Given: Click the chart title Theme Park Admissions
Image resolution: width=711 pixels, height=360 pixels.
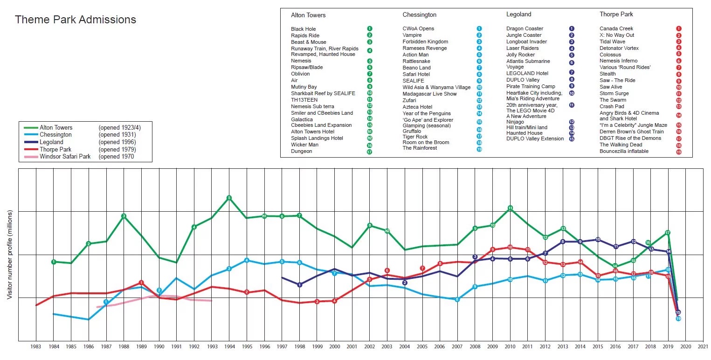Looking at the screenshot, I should pos(76,20).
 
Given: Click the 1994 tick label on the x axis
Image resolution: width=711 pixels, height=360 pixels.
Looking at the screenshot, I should pos(229,347).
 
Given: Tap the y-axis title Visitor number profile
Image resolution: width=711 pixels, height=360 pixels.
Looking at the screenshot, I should pos(9,255).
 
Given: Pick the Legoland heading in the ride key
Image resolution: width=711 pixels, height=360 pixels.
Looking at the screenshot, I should pos(518,14).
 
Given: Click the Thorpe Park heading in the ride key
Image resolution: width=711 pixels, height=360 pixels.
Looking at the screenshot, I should pos(616,14).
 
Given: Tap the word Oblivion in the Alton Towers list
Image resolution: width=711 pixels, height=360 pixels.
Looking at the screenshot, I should pos(300,74).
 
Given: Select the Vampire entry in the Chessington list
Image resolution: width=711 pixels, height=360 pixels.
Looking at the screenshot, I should pos(412,35).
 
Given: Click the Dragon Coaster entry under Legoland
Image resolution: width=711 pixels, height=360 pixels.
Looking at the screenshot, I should pos(525,28).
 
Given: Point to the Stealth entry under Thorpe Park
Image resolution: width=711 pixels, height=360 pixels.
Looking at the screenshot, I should pos(607,74).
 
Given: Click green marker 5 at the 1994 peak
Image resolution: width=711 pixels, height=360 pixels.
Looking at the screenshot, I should pos(229,198).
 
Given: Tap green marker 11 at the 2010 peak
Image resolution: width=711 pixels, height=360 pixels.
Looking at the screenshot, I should pos(510,208).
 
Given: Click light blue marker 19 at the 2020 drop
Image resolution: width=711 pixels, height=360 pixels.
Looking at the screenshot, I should pos(678,319).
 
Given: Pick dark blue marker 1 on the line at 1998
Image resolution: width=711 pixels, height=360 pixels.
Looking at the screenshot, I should pos(299,285).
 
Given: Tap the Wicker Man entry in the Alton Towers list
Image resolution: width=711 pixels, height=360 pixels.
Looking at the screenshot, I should pos(304,145).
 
